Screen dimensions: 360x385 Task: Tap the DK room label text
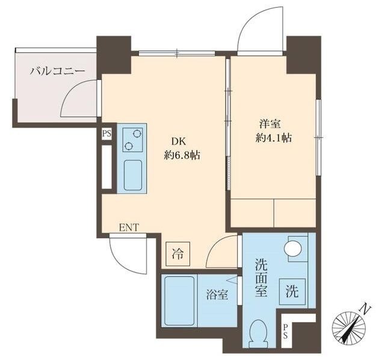click(x=178, y=141)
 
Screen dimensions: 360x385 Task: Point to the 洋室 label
click(x=269, y=123)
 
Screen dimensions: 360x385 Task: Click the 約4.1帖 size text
click(x=273, y=138)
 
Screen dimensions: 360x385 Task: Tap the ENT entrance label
click(x=129, y=227)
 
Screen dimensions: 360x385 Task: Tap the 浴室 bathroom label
click(x=217, y=296)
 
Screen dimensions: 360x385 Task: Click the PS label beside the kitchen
click(x=106, y=134)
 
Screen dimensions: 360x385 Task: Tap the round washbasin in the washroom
click(x=293, y=248)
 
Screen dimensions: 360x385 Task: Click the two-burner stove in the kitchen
click(x=132, y=140)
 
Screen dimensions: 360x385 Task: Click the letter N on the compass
click(x=365, y=310)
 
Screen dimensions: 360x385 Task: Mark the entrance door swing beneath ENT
click(x=126, y=253)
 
